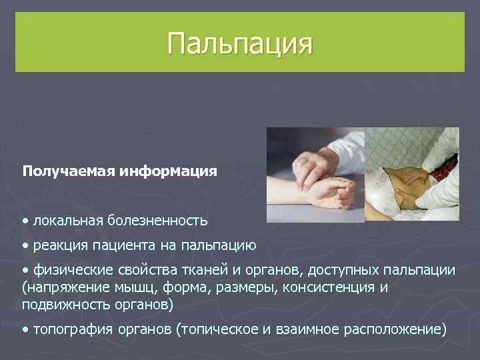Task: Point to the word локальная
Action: [68, 220]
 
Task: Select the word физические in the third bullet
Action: [69, 269]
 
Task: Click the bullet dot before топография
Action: [25, 329]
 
